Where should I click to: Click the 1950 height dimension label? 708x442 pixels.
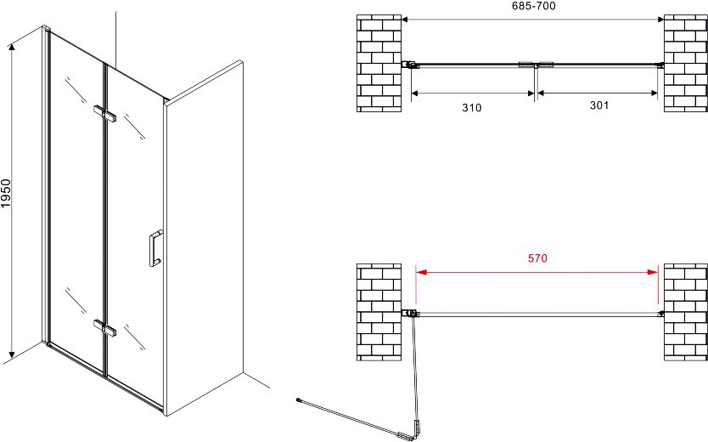(6, 194)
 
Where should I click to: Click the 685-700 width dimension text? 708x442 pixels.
(534, 6)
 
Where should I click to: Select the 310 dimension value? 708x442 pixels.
(472, 108)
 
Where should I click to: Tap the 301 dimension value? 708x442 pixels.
(599, 105)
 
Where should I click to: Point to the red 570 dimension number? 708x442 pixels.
(537, 258)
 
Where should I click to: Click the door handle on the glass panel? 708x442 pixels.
(156, 248)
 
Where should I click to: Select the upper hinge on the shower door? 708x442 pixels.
(104, 113)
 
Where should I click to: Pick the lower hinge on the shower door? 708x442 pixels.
(104, 327)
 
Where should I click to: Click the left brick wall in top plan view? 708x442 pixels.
(379, 63)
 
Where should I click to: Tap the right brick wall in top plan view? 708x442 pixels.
(685, 63)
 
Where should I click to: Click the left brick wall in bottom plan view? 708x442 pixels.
(379, 312)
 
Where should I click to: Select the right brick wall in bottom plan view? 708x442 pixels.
(685, 312)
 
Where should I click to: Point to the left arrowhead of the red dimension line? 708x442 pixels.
(421, 272)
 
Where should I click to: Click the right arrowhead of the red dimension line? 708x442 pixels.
(653, 272)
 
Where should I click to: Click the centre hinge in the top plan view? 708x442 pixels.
(536, 65)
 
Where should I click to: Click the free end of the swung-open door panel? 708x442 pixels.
(299, 399)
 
